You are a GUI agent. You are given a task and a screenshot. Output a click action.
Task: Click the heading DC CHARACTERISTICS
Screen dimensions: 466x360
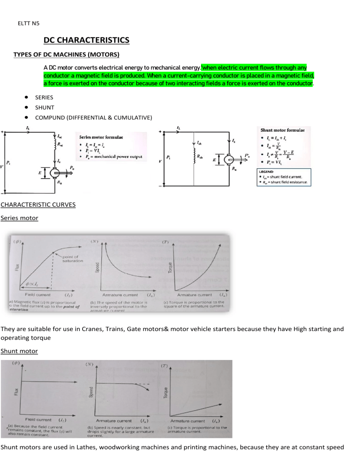tap(86, 40)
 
